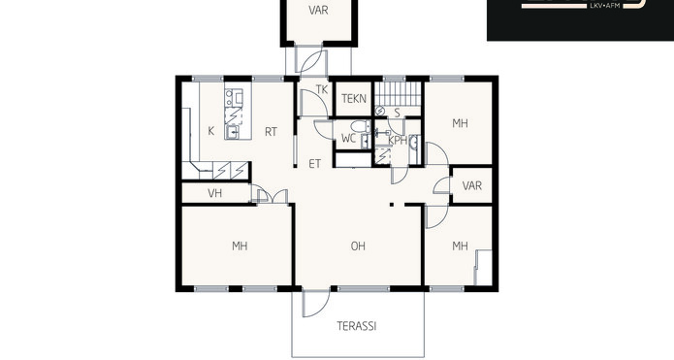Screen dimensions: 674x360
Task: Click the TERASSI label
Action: tap(356, 326)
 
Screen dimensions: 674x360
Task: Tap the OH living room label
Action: tap(358, 246)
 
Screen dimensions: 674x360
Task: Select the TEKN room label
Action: tap(354, 99)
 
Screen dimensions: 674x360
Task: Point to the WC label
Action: tap(348, 139)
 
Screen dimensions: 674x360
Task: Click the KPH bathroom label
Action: tap(398, 141)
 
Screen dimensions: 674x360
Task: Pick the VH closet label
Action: tap(215, 193)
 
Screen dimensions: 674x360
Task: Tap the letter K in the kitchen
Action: tap(211, 131)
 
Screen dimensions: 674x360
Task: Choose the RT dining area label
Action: tap(271, 132)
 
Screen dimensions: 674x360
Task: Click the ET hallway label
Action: tap(314, 164)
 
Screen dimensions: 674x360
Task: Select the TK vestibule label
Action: tap(322, 89)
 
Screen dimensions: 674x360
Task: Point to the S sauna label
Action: tap(398, 114)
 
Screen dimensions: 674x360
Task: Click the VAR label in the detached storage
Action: tap(318, 11)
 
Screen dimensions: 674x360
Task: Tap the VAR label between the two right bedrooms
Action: tap(472, 185)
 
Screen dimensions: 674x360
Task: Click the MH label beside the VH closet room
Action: tap(240, 246)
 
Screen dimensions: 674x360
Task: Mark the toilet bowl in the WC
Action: tap(360, 126)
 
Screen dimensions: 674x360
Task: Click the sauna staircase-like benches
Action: tap(398, 94)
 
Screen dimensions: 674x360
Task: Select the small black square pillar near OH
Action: tap(392, 205)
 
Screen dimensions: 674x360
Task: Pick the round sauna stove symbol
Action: tap(379, 111)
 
